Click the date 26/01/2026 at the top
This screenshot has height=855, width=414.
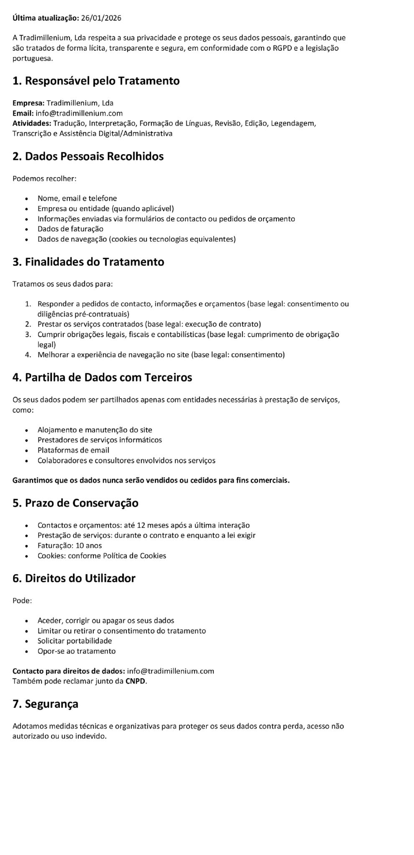pos(101,18)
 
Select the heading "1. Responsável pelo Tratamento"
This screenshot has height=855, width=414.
pos(96,81)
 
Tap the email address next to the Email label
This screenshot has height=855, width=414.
pos(79,113)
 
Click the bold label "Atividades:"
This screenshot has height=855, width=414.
pos(32,124)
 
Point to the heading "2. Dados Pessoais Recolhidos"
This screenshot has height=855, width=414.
pos(88,156)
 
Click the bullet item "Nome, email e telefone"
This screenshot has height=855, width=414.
pos(77,198)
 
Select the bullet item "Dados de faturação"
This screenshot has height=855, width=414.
pos(70,229)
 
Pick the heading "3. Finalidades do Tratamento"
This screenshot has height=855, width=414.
pos(88,262)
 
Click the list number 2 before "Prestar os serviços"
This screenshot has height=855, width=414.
pos(28,324)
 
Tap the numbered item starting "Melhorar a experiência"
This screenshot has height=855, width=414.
pos(161,355)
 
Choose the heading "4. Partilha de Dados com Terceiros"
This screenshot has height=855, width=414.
pos(102,377)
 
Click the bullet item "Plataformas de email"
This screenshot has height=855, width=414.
pos(73,450)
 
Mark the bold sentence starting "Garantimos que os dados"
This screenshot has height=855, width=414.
pos(151,480)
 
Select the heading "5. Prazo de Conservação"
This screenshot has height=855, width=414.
pos(75,503)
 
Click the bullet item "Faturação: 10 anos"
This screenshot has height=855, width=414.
pos(69,546)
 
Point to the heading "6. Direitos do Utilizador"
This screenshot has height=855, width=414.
pos(74,578)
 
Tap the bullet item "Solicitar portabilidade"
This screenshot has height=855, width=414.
pos(74,641)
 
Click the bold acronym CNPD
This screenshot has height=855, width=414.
pos(136,681)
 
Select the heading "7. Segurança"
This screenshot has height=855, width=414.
pos(45,704)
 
